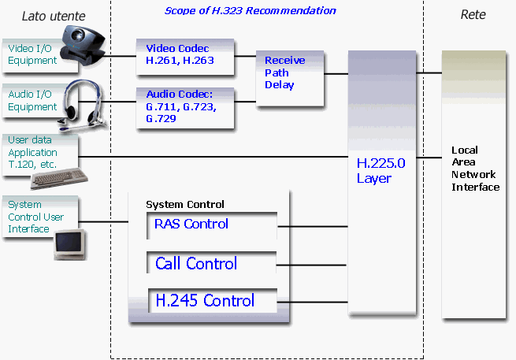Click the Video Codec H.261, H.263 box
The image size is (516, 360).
tap(185, 57)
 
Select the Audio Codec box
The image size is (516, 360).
tap(185, 108)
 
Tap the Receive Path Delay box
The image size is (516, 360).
tap(290, 78)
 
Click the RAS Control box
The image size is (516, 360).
tap(212, 226)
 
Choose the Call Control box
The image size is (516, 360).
tap(212, 262)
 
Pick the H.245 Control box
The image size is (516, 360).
tap(213, 300)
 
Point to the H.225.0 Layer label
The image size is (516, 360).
tap(381, 170)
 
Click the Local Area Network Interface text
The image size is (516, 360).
tap(475, 169)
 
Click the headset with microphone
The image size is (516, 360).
tap(83, 104)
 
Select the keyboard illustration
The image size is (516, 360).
tap(59, 178)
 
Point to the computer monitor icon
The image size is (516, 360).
tap(70, 245)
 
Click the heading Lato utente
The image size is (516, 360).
tap(54, 16)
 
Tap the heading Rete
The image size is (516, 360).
tap(473, 14)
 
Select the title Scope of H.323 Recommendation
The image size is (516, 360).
tap(250, 11)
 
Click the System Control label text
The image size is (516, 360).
tap(185, 204)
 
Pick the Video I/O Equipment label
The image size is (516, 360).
tap(32, 54)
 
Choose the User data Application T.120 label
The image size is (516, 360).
tap(32, 152)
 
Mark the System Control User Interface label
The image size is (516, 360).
tap(35, 217)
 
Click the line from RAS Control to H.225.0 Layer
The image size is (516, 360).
tap(313, 226)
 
